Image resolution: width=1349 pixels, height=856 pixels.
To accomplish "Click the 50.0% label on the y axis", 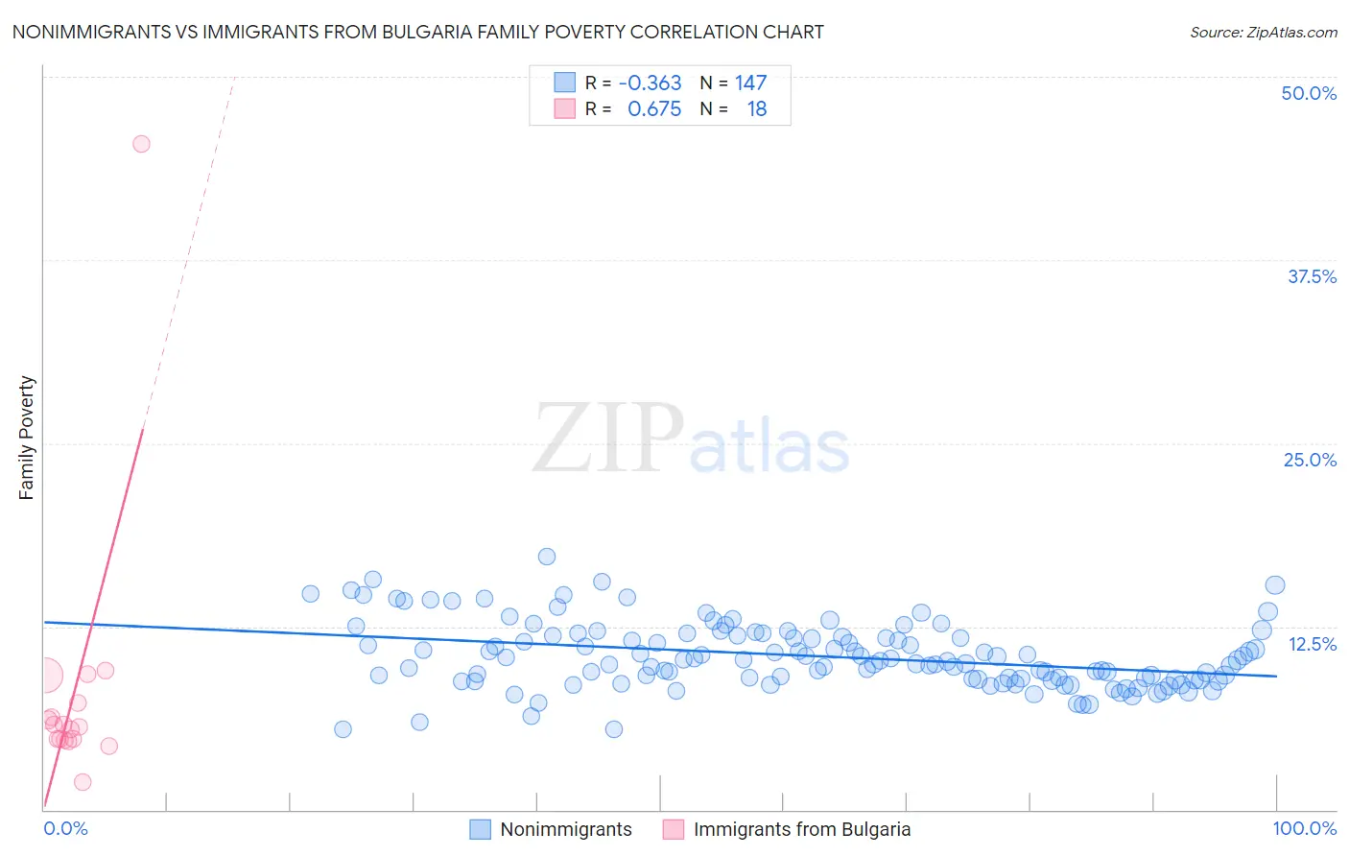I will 1309,93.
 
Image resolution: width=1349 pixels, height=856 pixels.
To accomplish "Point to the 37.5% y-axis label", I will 1312,276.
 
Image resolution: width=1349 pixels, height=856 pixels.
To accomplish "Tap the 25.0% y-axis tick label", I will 1310,460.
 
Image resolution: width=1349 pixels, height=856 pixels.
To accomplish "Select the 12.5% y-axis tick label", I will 1312,644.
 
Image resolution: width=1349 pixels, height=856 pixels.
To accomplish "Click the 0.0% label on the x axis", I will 65,828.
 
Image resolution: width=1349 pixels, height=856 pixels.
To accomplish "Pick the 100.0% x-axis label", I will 1304,828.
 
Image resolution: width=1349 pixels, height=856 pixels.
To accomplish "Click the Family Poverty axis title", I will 27,438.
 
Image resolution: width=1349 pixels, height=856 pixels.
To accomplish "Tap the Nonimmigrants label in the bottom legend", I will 566,829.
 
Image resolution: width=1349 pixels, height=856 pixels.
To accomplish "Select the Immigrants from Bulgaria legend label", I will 802,829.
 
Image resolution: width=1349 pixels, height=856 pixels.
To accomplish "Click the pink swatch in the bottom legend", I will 674,829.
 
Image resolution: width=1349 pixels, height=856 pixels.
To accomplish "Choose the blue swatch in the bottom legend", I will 480,829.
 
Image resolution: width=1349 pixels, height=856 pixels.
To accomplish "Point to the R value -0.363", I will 650,83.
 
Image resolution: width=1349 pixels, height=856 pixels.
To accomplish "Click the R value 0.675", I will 654,109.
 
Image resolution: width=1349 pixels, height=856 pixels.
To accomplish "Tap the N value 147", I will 750,83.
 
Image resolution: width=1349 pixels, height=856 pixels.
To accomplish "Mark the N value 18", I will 757,109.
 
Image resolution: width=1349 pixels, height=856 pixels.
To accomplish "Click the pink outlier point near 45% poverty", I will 141,144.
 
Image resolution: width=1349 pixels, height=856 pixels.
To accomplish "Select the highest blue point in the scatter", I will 547,557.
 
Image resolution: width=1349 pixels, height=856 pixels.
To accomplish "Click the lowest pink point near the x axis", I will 83,782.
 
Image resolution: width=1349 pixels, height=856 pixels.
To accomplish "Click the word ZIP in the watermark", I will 607,438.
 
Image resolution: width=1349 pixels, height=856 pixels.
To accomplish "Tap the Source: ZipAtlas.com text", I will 1263,33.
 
